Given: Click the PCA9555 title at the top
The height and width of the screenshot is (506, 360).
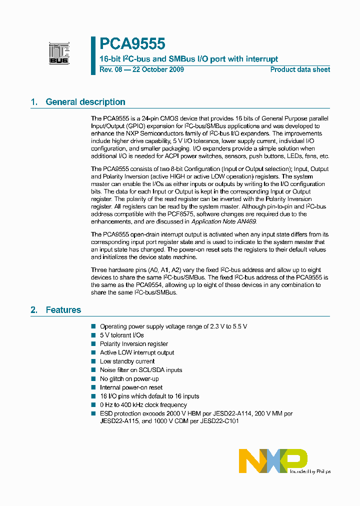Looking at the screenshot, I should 132,44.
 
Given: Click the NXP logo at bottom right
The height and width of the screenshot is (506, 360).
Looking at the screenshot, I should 273,460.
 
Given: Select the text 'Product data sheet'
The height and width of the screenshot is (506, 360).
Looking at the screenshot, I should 300,69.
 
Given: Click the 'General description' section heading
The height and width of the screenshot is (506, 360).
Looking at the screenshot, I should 85,102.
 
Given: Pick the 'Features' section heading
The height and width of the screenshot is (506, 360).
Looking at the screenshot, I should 63,310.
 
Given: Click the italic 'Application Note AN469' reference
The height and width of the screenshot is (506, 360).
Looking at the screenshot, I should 225,221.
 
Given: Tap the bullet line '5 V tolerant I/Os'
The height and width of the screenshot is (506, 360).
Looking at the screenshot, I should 121,335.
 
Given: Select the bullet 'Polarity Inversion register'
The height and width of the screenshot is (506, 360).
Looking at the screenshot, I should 133,344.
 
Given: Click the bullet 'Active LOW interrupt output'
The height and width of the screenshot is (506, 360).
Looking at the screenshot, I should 137,352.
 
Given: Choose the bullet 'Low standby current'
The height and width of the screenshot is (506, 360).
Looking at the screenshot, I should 127,361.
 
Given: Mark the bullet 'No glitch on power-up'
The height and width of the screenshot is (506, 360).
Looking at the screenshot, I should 129,378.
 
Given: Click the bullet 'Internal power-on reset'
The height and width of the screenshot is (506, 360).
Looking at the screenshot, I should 131,387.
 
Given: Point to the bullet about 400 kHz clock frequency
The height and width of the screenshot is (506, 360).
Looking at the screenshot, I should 143,405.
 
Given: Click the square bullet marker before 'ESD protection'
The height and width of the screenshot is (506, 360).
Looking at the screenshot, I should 93,413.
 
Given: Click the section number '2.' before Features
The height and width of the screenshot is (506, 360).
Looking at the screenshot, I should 34,310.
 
